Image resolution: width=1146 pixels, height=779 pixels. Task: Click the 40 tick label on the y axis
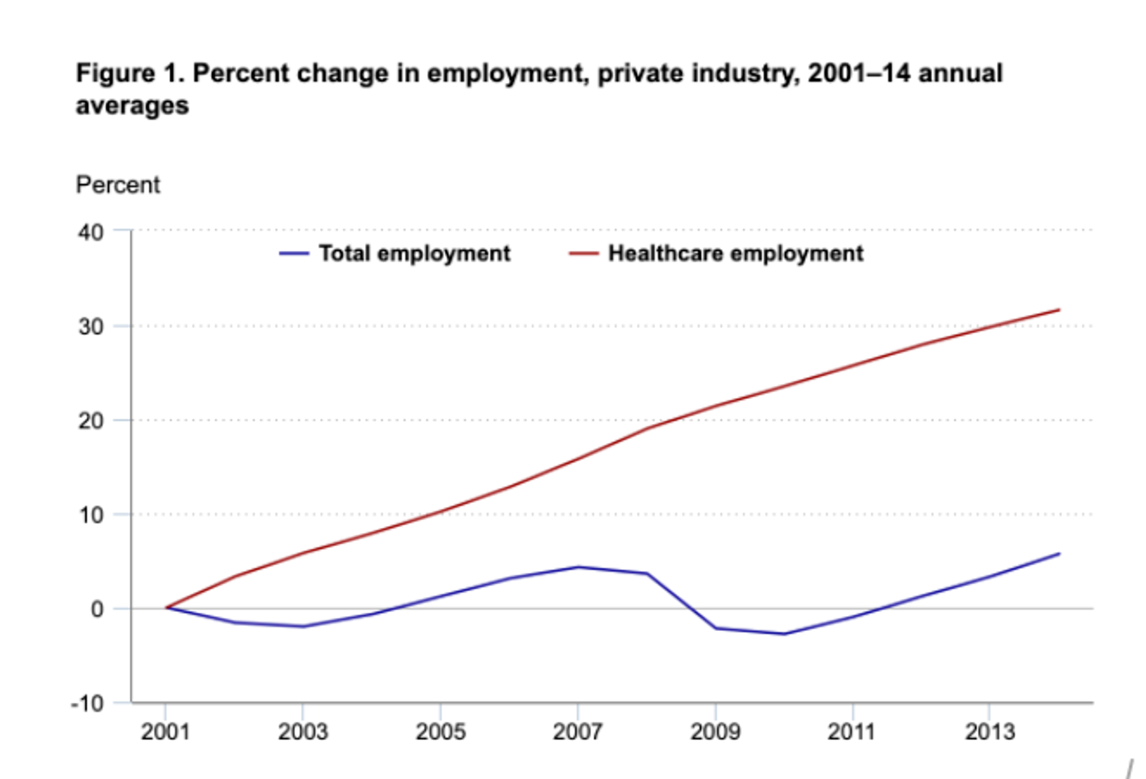(90, 232)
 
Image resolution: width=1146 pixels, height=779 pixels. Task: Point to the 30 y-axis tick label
(90, 327)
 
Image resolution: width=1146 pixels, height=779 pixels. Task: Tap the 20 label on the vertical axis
(90, 421)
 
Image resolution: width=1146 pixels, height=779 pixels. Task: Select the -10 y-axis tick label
(87, 704)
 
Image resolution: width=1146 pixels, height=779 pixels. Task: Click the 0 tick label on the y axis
(97, 609)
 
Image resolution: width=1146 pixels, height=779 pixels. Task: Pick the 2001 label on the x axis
(165, 732)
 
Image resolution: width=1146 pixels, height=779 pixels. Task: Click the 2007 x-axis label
(577, 732)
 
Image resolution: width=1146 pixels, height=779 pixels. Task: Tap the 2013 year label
(990, 732)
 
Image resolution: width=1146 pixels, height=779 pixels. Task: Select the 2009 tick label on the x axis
(715, 732)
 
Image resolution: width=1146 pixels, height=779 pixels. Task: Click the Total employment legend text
(414, 254)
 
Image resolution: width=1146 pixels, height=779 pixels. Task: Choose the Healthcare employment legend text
(735, 254)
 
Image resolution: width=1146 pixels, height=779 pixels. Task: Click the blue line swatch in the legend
(294, 254)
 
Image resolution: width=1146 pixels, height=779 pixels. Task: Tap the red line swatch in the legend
(583, 254)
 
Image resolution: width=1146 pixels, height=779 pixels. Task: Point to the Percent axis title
(118, 185)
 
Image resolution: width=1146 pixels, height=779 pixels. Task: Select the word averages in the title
(132, 106)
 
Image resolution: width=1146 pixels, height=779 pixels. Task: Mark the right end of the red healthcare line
(1059, 309)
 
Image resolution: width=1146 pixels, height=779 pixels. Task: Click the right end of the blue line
(1059, 553)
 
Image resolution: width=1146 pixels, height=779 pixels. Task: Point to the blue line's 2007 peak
(578, 566)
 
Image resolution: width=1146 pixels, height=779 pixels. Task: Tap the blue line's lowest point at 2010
(784, 634)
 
